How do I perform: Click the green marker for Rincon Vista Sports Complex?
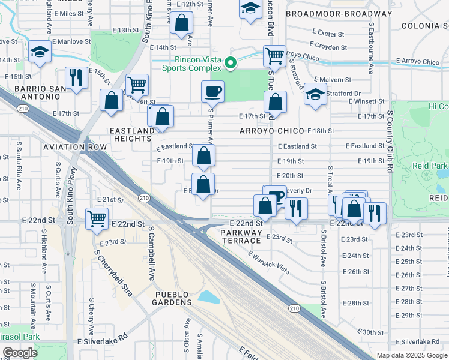point(229,62)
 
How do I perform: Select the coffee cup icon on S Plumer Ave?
point(212,92)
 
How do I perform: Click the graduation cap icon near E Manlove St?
point(40,53)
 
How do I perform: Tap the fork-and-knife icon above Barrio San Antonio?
point(76,77)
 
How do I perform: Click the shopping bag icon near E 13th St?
point(181,24)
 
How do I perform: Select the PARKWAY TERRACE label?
point(241,236)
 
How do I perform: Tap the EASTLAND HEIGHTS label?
point(131,134)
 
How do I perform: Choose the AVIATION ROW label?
point(82,147)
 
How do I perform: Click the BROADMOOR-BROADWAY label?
point(339,13)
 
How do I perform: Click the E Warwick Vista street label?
point(268,262)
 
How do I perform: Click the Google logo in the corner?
point(20,353)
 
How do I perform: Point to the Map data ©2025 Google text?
point(412,355)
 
